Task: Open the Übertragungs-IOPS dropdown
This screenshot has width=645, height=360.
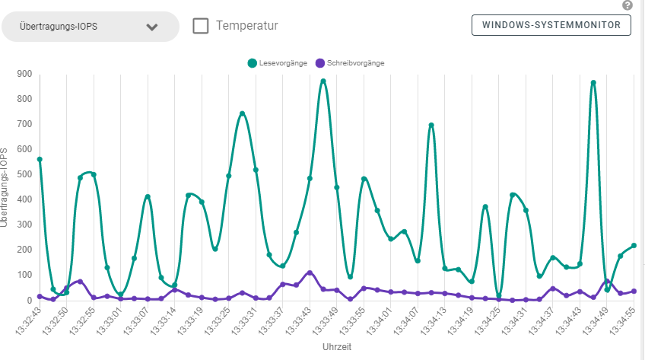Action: point(90,27)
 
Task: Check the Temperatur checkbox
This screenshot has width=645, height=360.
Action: point(201,26)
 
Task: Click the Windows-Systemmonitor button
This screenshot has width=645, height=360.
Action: point(551,25)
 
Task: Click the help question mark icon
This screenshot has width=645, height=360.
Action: point(627,5)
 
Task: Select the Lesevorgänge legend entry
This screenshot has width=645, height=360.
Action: point(278,63)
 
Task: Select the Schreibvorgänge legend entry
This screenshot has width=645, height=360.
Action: point(350,63)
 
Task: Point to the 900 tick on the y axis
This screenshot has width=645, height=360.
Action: point(24,74)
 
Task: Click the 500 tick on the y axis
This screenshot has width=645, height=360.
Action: point(24,174)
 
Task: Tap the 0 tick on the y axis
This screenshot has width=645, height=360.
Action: point(29,300)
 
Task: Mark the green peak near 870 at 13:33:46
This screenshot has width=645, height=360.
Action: point(323,81)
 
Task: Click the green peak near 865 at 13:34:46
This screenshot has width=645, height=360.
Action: point(593,83)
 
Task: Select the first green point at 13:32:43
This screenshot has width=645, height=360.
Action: point(40,159)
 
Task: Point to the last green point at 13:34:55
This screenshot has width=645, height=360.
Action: point(634,246)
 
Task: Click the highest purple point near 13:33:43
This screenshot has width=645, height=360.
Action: point(310,272)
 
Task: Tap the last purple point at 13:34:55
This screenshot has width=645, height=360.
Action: point(634,292)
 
